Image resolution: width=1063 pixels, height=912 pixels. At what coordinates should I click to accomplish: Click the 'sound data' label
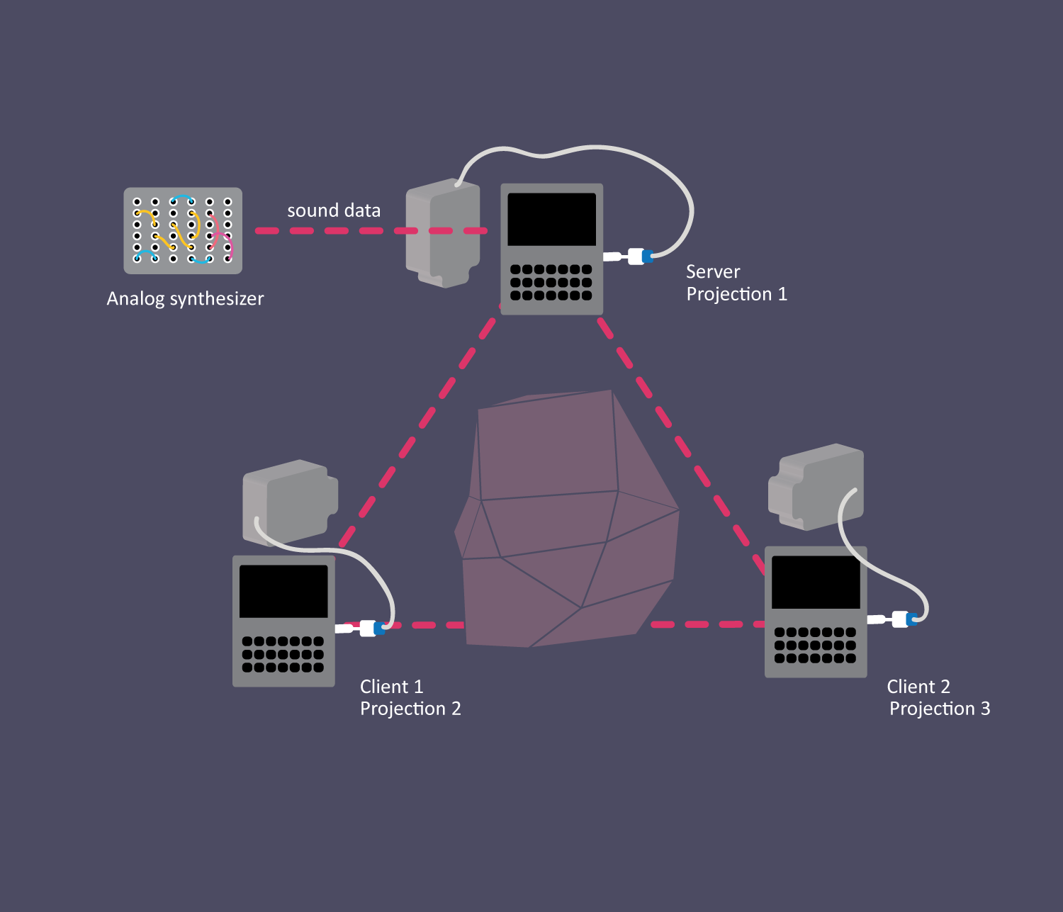[x=334, y=210]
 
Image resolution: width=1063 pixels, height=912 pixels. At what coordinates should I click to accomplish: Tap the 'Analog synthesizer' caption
[x=185, y=299]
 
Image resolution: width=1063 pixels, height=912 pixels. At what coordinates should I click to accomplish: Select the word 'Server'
[x=713, y=272]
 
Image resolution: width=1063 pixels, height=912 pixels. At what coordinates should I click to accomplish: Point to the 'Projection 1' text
[x=736, y=294]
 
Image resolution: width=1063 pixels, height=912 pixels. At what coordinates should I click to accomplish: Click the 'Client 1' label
[x=391, y=687]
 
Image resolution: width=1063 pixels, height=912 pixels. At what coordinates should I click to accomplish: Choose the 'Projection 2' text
[x=410, y=709]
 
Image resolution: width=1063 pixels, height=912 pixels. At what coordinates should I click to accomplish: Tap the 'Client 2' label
[x=918, y=687]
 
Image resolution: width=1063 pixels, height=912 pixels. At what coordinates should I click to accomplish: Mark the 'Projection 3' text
[x=940, y=709]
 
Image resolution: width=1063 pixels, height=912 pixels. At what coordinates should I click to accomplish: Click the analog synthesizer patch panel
[x=183, y=231]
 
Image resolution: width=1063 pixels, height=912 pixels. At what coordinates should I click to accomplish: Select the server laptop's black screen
[x=552, y=220]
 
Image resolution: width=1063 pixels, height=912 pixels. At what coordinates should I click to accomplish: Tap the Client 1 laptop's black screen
[x=283, y=591]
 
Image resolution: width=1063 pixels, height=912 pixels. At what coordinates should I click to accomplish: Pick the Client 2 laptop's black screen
[x=816, y=582]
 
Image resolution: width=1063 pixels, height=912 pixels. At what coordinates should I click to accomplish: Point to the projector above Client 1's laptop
[x=289, y=502]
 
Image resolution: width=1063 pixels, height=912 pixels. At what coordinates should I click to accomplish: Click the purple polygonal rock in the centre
[x=567, y=524]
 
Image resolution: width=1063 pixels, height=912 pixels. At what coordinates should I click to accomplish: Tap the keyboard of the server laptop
[x=551, y=282]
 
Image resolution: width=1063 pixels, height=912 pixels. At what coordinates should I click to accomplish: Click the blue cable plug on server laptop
[x=647, y=256]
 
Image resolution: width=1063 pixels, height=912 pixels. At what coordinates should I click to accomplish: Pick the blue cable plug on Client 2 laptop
[x=912, y=619]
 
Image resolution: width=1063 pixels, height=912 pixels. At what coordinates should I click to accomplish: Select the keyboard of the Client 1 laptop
[x=283, y=654]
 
